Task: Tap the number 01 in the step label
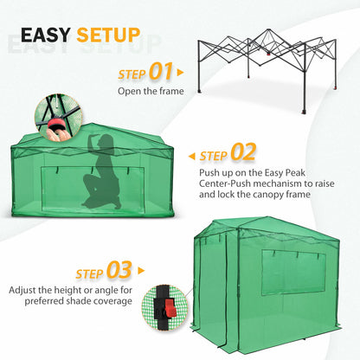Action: pyautogui.click(x=161, y=71)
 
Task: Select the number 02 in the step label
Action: pyautogui.click(x=243, y=154)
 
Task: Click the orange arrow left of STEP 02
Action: pyautogui.click(x=191, y=156)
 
